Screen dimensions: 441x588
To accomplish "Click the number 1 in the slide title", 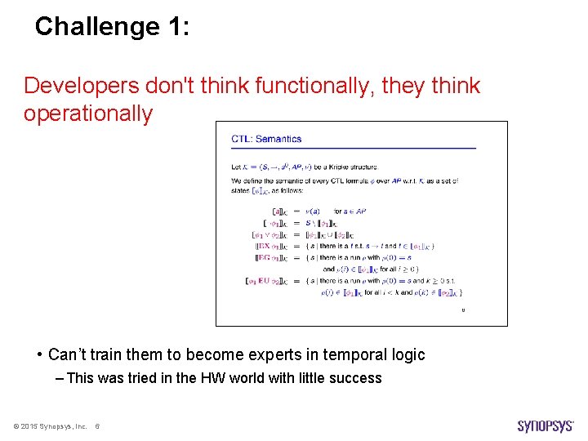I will pyautogui.click(x=176, y=26).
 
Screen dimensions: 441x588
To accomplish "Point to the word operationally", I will pyautogui.click(x=88, y=114).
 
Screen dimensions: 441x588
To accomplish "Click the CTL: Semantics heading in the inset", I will pyautogui.click(x=266, y=139).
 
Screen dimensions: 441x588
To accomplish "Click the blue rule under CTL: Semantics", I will pyautogui.click(x=353, y=148).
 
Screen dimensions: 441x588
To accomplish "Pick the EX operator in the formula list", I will pyautogui.click(x=265, y=245).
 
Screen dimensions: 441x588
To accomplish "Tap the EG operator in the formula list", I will pyautogui.click(x=265, y=257).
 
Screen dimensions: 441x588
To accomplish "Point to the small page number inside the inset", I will pyautogui.click(x=463, y=310).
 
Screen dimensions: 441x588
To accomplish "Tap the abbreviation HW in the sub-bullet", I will pyautogui.click(x=223, y=377).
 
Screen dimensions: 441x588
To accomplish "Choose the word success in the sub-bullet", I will pyautogui.click(x=357, y=377).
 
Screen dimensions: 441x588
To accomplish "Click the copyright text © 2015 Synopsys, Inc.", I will pyautogui.click(x=50, y=426).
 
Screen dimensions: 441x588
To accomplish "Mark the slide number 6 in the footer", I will pyautogui.click(x=98, y=426).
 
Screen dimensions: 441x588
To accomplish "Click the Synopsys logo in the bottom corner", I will pyautogui.click(x=546, y=425).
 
